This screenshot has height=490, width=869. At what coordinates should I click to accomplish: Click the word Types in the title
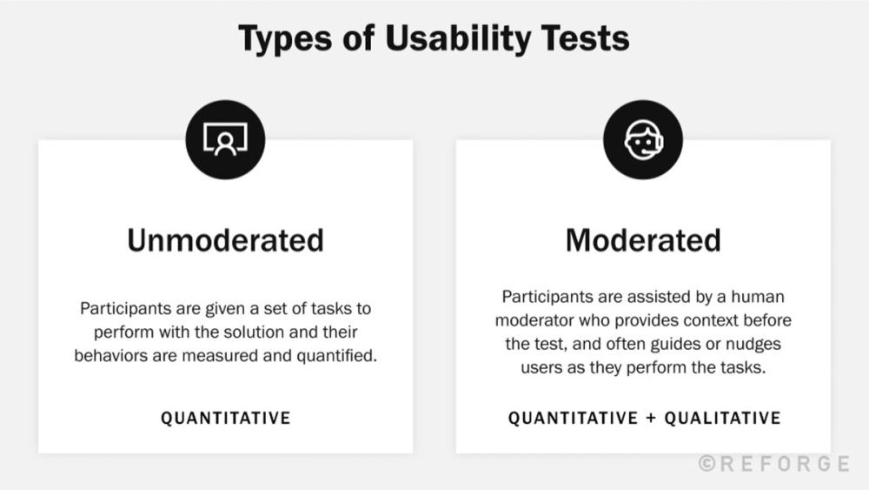(x=282, y=39)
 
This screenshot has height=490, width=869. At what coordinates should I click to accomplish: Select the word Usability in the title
(x=433, y=39)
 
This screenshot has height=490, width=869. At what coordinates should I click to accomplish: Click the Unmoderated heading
(x=225, y=240)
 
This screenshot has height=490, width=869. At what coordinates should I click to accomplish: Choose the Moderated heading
(x=643, y=240)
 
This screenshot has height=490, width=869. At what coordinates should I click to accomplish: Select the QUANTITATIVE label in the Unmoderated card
(x=225, y=419)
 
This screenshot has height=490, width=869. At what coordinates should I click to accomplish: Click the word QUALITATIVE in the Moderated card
(x=722, y=419)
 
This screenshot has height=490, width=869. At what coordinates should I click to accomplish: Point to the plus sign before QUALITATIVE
(x=652, y=419)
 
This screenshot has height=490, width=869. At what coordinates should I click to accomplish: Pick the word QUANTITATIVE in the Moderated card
(x=574, y=419)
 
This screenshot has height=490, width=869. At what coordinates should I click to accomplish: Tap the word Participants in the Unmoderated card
(x=120, y=310)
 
